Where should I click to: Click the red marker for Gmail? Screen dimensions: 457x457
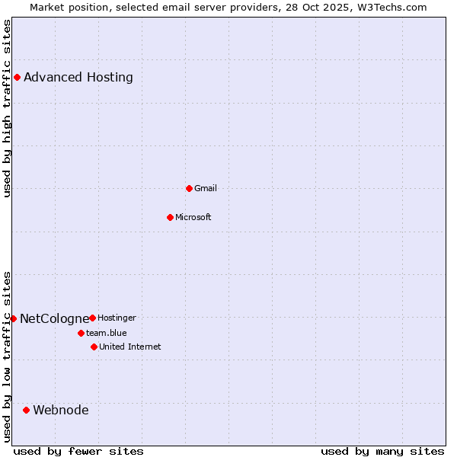189,188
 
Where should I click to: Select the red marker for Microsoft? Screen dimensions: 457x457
170,217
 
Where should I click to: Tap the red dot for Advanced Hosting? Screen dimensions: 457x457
17,77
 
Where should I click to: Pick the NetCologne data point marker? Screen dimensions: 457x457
13,318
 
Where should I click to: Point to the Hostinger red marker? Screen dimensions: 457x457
92,318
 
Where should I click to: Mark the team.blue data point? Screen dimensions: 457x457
81,333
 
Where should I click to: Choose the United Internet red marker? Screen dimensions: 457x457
94,347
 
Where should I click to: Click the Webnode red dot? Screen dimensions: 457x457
26,410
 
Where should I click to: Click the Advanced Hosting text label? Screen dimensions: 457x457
78,77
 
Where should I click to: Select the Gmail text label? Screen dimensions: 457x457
206,188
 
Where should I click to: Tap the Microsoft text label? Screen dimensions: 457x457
193,217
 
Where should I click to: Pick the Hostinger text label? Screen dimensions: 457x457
117,318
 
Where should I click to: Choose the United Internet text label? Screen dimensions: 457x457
129,347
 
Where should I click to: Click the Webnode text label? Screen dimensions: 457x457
61,410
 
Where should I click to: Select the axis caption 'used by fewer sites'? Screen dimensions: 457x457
78,451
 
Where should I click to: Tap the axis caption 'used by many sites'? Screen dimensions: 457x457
382,451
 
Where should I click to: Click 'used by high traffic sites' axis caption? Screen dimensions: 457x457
8,108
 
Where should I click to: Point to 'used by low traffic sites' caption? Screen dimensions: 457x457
8,356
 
